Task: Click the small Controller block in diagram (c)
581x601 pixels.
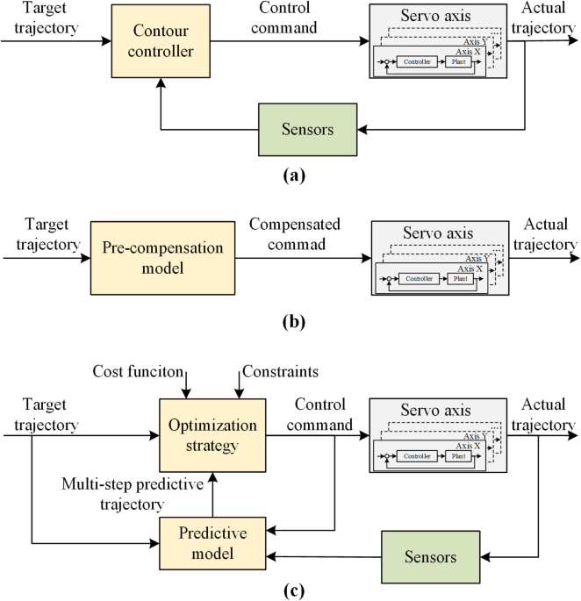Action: tap(416, 456)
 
